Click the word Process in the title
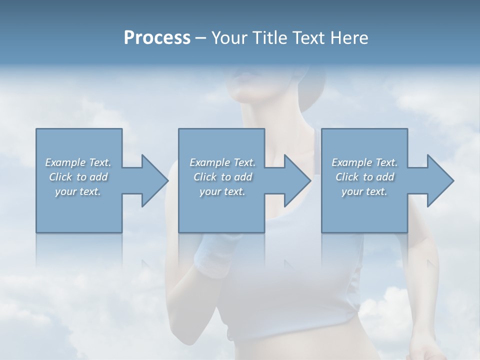157,38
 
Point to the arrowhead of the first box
154,180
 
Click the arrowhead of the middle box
297,180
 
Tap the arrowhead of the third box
440,180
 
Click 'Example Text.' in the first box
78,162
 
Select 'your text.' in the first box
78,191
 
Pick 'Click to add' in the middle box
222,177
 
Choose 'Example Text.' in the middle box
222,162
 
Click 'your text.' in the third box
364,191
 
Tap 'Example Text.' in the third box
364,162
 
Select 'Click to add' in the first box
78,177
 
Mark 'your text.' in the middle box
222,191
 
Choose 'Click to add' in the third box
364,177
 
